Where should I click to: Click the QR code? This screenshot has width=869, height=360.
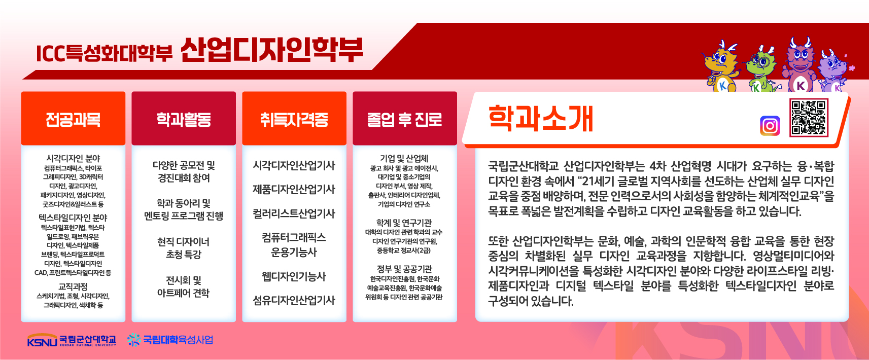[809, 118]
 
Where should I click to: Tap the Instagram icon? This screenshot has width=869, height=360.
[770, 126]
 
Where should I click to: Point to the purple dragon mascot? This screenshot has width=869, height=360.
[833, 72]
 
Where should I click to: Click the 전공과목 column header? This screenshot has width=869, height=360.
[74, 119]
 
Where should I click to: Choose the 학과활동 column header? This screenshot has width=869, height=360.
[184, 119]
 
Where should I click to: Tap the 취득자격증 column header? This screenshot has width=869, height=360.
[294, 119]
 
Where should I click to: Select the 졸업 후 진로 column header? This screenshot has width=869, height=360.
[405, 119]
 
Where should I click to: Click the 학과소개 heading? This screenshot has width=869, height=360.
[541, 119]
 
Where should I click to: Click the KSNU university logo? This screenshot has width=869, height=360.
[72, 340]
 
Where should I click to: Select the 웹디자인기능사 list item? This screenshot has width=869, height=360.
[294, 277]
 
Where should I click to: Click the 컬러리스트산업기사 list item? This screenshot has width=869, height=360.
[294, 214]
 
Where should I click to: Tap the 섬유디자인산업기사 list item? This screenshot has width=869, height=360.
[294, 300]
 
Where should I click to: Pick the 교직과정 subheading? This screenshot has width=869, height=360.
[74, 286]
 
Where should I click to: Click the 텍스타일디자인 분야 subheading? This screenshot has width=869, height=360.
[73, 218]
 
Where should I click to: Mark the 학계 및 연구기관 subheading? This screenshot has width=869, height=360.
[404, 223]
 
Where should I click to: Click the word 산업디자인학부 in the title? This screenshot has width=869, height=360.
[272, 50]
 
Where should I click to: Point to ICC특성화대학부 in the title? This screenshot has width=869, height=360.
[104, 53]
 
